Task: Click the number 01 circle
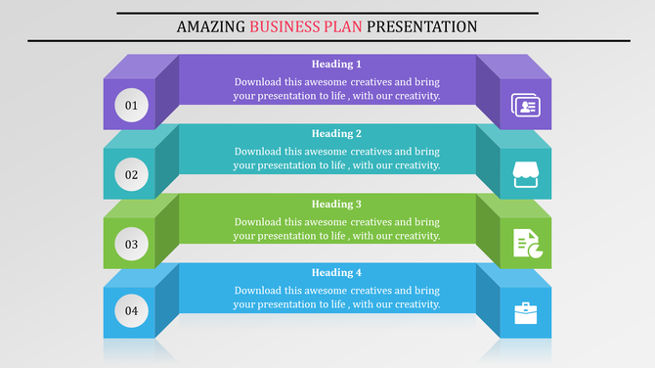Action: click(131, 105)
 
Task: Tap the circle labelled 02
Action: click(131, 175)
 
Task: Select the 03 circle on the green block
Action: click(131, 244)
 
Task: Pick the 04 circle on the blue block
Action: click(131, 313)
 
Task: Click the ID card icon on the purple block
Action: click(526, 105)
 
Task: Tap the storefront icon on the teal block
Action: click(526, 175)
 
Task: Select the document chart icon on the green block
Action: click(526, 244)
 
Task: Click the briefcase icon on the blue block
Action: click(526, 313)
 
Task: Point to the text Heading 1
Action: click(336, 64)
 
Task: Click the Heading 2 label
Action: click(336, 133)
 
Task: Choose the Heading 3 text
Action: click(336, 204)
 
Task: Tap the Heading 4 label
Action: click(336, 272)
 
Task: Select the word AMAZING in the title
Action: click(210, 26)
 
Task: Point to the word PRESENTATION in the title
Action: click(417, 26)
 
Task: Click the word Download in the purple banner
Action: click(258, 81)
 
